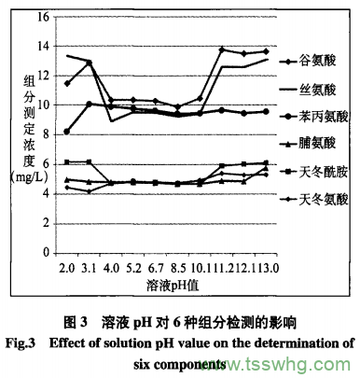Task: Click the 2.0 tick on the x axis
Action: tap(67, 268)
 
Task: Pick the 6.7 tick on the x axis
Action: tap(156, 268)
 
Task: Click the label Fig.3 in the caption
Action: tap(20, 342)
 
